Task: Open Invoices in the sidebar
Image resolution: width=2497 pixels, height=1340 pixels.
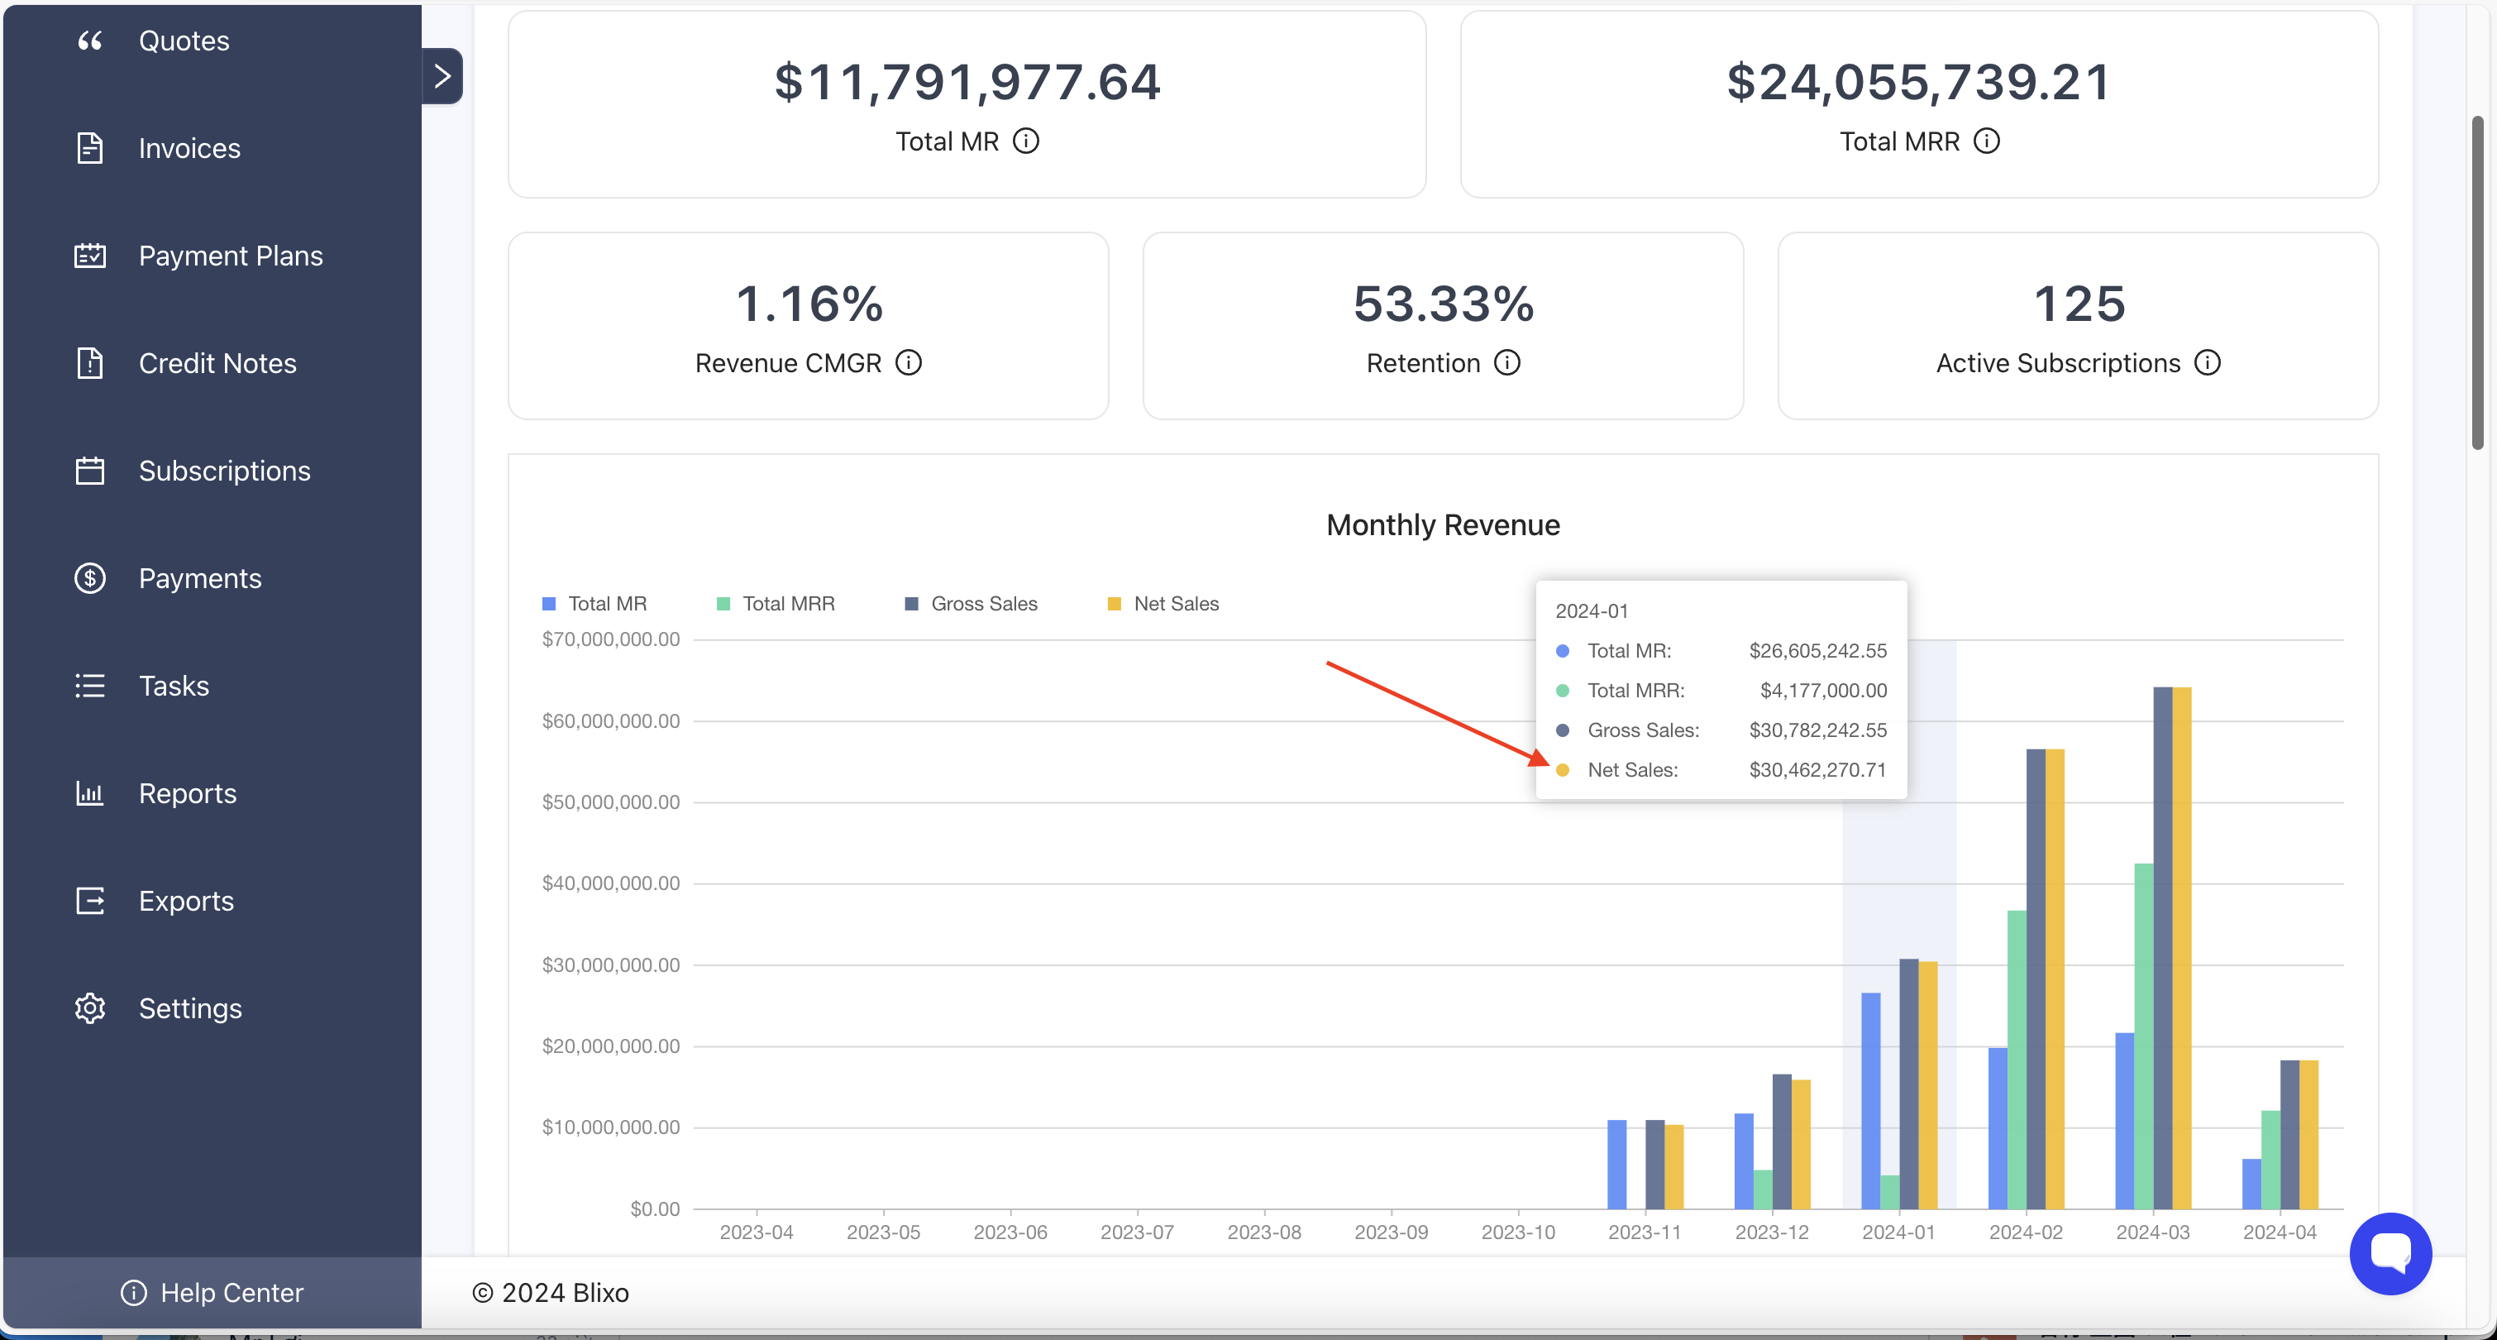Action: pos(189,148)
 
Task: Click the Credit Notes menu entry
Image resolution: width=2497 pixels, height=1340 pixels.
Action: pos(217,364)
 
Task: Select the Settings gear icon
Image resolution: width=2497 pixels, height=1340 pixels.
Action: pos(90,1008)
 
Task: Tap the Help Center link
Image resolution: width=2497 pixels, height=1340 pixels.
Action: pos(212,1293)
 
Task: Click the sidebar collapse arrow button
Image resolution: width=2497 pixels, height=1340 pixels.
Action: pos(442,75)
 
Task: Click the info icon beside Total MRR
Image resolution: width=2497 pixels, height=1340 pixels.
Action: pos(1986,141)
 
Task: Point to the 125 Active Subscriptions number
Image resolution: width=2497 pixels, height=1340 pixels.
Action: pos(2079,304)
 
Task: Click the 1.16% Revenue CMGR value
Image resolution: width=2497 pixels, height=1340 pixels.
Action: pos(809,304)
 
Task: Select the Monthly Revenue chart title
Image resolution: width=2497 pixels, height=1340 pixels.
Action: pos(1442,525)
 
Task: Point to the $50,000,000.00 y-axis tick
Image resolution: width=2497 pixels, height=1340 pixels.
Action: pos(611,802)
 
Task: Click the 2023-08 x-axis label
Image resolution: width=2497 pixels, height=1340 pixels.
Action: pos(1264,1232)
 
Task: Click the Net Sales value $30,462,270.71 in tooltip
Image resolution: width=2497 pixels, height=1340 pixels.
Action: pos(1817,770)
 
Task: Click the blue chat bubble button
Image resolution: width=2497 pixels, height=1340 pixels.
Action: pos(2390,1253)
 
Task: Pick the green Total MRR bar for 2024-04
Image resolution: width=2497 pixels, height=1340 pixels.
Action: pos(2270,1160)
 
